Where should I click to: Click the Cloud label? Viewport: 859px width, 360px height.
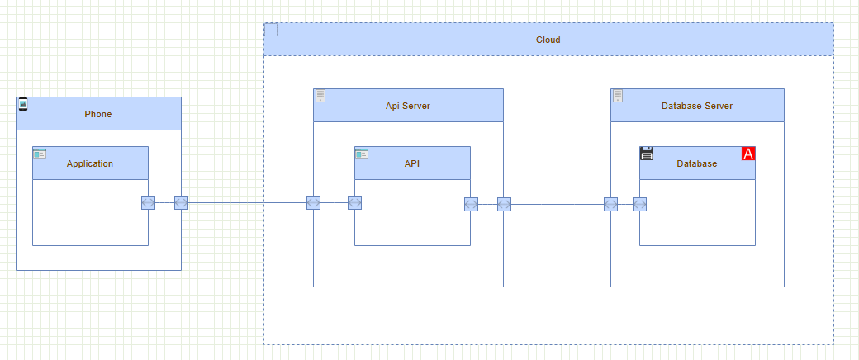(548, 40)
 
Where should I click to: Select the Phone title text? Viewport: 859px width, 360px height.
(98, 114)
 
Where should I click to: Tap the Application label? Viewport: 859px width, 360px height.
(90, 163)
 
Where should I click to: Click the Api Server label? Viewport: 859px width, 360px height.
(408, 106)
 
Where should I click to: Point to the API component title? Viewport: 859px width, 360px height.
(412, 163)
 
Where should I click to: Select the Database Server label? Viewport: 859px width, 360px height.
(697, 106)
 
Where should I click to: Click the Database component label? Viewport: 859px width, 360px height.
(697, 163)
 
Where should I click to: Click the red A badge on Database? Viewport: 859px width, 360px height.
(748, 154)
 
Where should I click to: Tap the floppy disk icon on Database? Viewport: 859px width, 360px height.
(647, 153)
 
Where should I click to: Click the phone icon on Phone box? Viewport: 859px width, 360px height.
(23, 103)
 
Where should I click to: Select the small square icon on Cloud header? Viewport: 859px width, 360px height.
(271, 30)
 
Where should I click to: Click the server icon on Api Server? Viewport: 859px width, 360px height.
(320, 96)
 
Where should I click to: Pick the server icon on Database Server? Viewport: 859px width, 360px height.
(618, 96)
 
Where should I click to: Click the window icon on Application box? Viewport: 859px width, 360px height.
(40, 153)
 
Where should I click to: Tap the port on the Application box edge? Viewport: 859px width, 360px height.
(148, 203)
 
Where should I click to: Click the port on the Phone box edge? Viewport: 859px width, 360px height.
(181, 203)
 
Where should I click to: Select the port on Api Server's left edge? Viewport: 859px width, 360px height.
(313, 203)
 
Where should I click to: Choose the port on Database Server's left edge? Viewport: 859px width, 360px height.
(610, 204)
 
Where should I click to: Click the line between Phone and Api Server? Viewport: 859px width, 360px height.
(247, 203)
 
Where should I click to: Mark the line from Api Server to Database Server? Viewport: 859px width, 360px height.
(558, 204)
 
